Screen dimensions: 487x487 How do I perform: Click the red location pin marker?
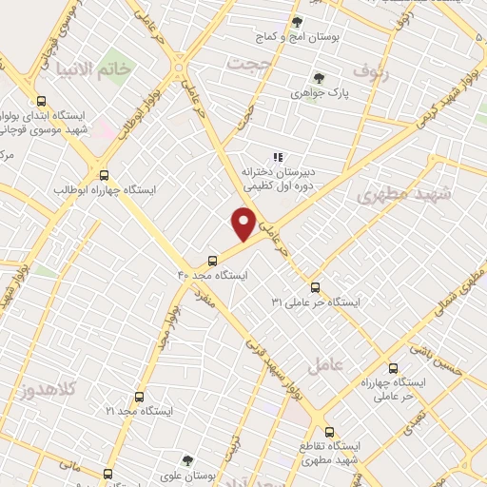click(244, 224)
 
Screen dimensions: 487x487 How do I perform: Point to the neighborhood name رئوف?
click(372, 70)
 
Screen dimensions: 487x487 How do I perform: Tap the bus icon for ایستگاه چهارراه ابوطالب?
click(105, 175)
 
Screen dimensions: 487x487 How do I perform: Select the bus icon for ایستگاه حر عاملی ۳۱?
click(315, 287)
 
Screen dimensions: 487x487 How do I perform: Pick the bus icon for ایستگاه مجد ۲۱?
click(139, 396)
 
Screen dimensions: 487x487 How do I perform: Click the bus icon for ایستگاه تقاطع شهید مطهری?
click(329, 431)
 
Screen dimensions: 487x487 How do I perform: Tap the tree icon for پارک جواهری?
click(320, 78)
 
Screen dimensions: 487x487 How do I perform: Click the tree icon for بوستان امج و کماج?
click(298, 21)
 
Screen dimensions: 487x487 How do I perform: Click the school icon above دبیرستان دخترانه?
click(278, 157)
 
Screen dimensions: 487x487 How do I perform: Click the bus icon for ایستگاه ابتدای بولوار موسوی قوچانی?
click(41, 101)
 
